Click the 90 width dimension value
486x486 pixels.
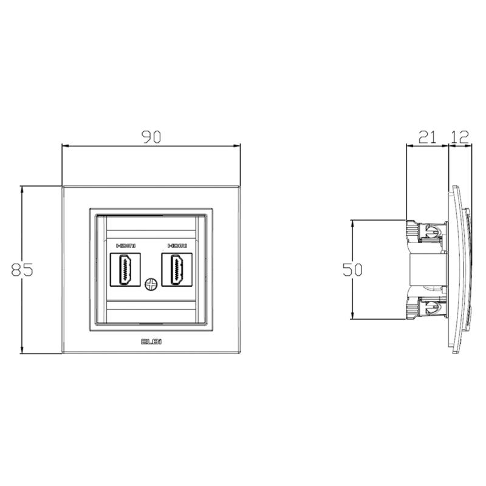151,137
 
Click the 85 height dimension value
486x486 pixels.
22,269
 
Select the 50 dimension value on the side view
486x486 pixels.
352,270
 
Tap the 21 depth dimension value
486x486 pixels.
428,137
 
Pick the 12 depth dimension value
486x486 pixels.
460,137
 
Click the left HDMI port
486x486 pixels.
125,269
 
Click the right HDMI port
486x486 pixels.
177,269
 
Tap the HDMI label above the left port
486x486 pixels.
126,246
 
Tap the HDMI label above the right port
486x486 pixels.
177,246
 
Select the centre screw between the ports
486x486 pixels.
151,284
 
